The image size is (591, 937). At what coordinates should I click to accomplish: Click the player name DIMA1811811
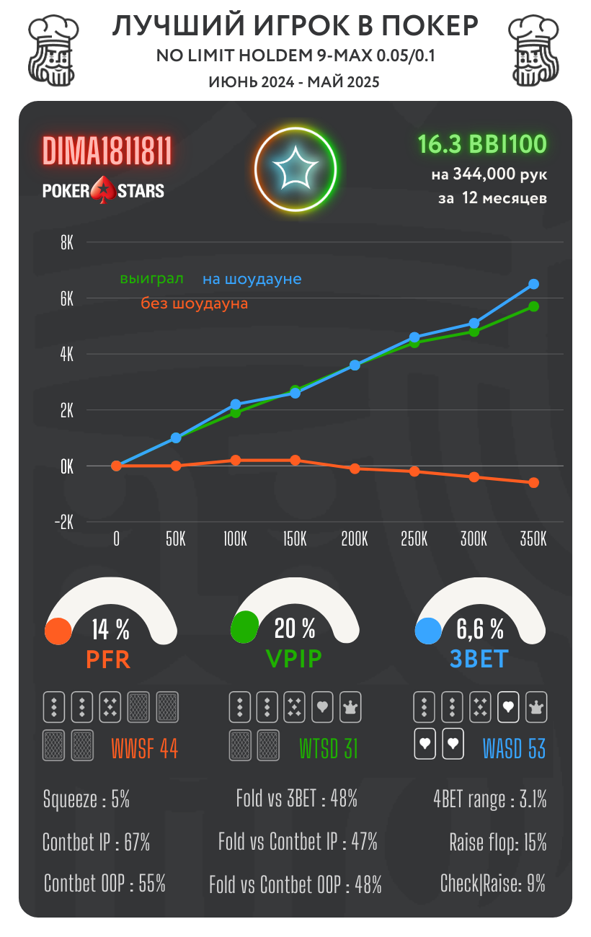(107, 151)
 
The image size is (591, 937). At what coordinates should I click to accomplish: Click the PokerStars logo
(103, 190)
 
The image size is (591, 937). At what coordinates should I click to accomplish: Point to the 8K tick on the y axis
(67, 243)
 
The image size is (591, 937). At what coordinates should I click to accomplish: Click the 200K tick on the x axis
(355, 539)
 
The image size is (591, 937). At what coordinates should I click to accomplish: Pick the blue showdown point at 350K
(533, 284)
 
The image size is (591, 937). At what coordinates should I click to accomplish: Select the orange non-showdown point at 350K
(533, 483)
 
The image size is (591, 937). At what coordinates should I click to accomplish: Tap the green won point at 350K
(533, 306)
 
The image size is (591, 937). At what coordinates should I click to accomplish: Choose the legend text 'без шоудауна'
(194, 303)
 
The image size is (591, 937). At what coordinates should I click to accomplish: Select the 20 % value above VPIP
(295, 629)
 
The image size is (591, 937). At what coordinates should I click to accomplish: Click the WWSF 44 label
(144, 749)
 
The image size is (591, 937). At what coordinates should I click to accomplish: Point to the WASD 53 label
(514, 749)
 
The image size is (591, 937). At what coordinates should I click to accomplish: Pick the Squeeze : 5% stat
(86, 799)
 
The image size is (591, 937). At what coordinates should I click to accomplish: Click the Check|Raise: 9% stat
(493, 883)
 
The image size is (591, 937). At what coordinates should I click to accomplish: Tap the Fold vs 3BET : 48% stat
(296, 799)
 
